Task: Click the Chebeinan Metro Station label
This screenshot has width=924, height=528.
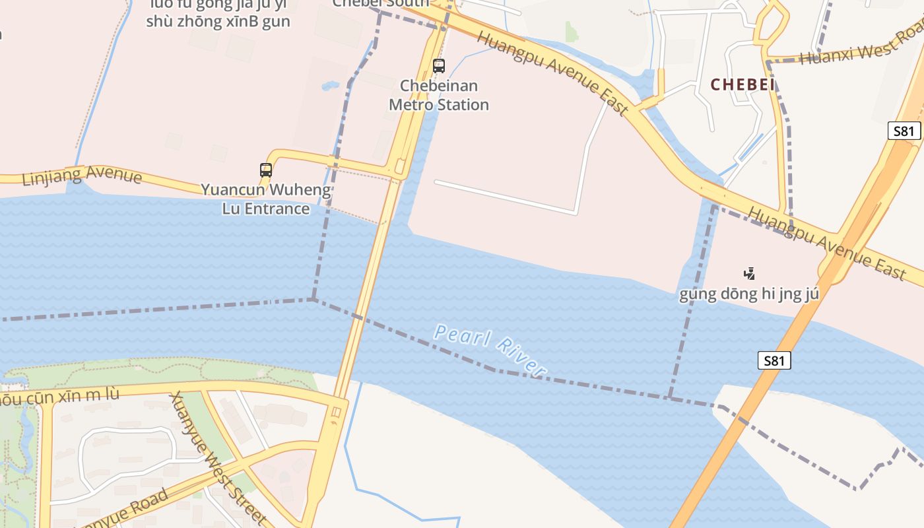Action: click(439, 95)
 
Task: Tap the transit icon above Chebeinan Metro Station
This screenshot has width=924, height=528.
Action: click(439, 66)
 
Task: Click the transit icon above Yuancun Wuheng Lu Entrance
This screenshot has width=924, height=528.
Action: click(266, 170)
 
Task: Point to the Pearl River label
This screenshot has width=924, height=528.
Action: click(490, 350)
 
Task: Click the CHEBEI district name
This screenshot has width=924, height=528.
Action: click(742, 84)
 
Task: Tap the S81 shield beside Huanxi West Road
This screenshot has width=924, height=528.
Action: click(904, 131)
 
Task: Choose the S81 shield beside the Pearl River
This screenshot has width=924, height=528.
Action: click(774, 360)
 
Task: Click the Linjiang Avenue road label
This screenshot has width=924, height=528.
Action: click(82, 177)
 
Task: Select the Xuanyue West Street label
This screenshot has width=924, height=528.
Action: click(218, 458)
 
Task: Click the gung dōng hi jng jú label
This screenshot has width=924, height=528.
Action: click(749, 294)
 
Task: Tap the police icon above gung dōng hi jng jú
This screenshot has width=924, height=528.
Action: click(749, 273)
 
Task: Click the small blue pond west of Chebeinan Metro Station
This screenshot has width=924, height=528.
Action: click(330, 86)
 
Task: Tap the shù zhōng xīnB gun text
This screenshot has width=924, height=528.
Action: click(218, 21)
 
